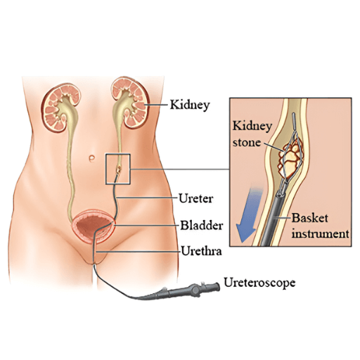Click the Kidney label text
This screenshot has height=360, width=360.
[190, 105]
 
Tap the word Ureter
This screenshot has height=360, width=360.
[196, 198]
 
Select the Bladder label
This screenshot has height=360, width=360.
[201, 226]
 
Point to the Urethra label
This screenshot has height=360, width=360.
[202, 251]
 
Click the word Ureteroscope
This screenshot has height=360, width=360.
[259, 283]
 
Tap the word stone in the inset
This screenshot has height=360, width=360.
[247, 143]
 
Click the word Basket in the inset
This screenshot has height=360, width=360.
[309, 218]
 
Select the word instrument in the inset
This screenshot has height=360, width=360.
[320, 234]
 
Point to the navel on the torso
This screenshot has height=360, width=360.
[91, 158]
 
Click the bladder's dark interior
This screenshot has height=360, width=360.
[94, 226]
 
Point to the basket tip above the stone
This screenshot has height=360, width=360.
[294, 122]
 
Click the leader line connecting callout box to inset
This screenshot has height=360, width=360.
[180, 169]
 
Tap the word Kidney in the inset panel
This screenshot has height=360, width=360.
[252, 127]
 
